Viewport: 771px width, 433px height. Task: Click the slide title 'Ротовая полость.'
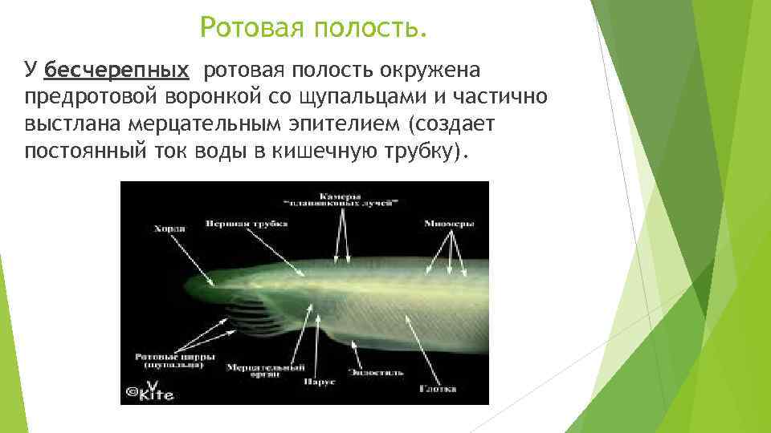313,29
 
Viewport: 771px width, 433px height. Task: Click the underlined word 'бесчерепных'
117,71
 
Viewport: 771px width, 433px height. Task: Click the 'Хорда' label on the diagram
168,229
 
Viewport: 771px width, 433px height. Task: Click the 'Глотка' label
438,389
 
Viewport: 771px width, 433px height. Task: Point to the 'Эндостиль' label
376,372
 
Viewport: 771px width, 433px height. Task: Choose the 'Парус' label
313,382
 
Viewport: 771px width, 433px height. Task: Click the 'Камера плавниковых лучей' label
344,200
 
